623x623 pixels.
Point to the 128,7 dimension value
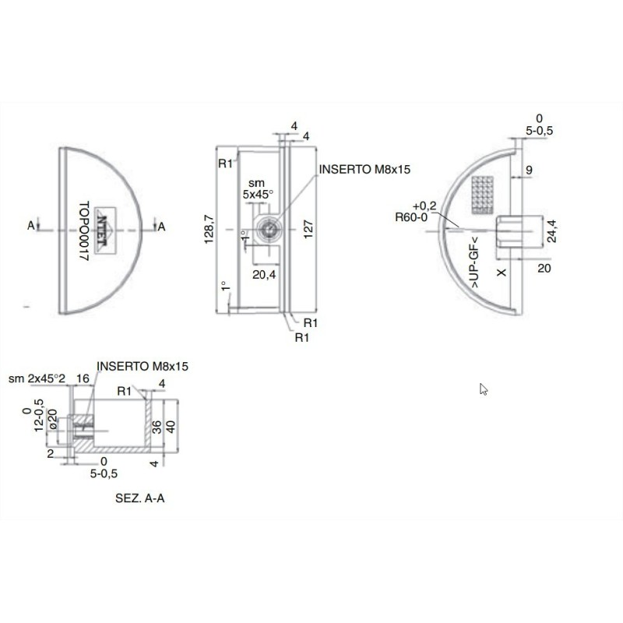[x=209, y=231]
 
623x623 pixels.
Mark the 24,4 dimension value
[x=551, y=231]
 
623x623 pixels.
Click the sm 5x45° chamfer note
[x=255, y=187]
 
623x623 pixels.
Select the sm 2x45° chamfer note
[x=36, y=378]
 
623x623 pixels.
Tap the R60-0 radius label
[x=410, y=217]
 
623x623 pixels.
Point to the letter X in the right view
[x=502, y=272]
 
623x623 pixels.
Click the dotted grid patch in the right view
[x=484, y=194]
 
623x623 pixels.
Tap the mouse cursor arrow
[x=484, y=389]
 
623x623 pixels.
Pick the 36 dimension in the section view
[x=156, y=427]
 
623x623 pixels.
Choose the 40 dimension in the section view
[x=172, y=427]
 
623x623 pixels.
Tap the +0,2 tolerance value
[x=424, y=206]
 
